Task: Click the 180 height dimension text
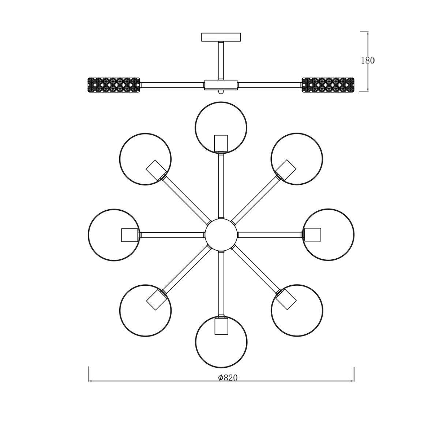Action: pyautogui.click(x=368, y=60)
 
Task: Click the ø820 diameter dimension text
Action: pyautogui.click(x=228, y=378)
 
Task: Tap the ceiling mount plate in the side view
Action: pyautogui.click(x=221, y=37)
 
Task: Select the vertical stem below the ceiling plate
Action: pyautogui.click(x=221, y=60)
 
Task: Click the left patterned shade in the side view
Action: pyautogui.click(x=114, y=85)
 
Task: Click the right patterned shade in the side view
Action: pyautogui.click(x=328, y=85)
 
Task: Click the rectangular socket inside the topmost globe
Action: pyautogui.click(x=221, y=143)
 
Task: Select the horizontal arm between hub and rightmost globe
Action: pyautogui.click(x=270, y=235)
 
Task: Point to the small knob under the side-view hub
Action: pyautogui.click(x=221, y=91)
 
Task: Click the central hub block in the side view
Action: pyautogui.click(x=221, y=85)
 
